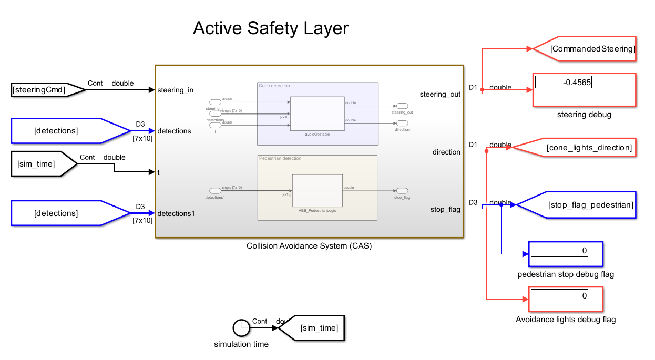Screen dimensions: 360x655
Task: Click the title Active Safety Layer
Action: point(270,28)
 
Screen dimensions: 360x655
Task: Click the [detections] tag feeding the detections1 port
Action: point(63,213)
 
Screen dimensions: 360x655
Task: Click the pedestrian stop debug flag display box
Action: point(565,254)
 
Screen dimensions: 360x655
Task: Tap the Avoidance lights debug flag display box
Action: point(565,299)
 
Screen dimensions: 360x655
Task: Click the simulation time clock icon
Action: point(241,328)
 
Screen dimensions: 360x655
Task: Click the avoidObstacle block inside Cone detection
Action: point(317,113)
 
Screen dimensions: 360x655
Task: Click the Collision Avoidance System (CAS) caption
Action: point(309,246)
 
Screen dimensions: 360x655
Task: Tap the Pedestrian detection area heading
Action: point(280,158)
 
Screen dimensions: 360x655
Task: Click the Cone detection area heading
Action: point(274,86)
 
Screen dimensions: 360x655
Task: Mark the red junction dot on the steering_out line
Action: point(482,90)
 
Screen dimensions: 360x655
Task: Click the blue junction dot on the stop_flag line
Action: point(501,205)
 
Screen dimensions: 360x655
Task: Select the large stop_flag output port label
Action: point(445,210)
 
